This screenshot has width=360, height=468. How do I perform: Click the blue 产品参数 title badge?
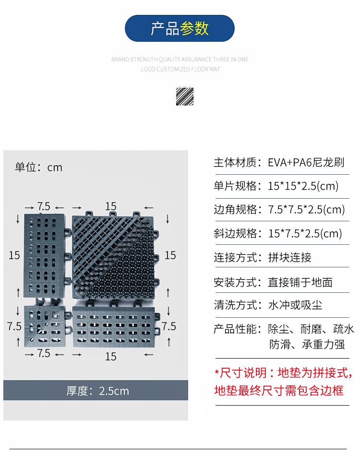point(180,28)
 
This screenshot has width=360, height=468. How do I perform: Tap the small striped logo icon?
point(184,96)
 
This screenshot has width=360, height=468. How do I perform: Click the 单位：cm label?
point(38,168)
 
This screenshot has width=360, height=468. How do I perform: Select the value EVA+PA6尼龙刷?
point(306,162)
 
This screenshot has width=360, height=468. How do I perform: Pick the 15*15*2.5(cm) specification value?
point(303,186)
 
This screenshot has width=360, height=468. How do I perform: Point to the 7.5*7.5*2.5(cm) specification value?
point(306,209)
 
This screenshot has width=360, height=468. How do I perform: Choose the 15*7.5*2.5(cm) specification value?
point(305,234)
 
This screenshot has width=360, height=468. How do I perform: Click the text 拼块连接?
point(289,257)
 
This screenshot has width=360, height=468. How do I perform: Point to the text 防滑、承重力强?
point(307,345)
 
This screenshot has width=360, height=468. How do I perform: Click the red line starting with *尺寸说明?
point(283,372)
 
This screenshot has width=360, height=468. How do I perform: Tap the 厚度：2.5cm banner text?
point(97,391)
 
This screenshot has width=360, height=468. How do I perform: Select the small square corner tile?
point(45,326)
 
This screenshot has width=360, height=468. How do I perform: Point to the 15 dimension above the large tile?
point(111,206)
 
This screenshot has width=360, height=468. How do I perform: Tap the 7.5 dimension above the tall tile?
point(44,206)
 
